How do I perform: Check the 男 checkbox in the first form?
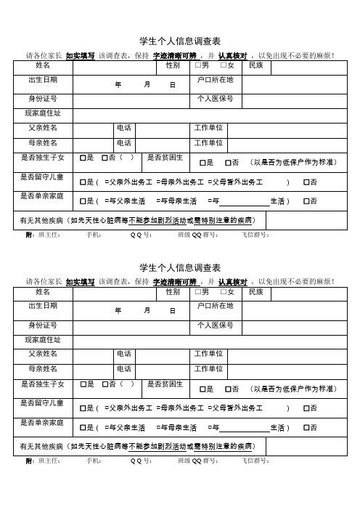pos(198,67)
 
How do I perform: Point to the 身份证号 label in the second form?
pos(42,325)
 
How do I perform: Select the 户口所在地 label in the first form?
pos(215,79)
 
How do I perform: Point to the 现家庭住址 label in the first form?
pos(43,113)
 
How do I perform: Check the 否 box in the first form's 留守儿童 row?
pos(306,182)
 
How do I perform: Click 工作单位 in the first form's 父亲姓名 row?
pos(208,128)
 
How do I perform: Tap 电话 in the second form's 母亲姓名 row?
pos(124,368)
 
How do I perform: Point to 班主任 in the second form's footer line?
pos(49,461)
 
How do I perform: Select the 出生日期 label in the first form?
pos(42,79)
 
